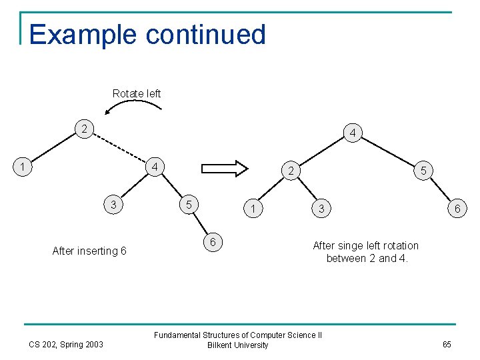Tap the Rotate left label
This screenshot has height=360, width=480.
137,93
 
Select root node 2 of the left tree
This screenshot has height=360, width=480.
83,129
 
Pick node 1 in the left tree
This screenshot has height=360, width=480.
23,166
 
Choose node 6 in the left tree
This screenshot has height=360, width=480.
213,242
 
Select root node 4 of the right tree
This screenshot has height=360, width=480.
352,134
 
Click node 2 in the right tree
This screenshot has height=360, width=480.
291,171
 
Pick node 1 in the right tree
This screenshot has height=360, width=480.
253,209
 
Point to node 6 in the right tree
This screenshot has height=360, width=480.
457,209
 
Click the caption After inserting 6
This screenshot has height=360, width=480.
89,251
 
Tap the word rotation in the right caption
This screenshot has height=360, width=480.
397,245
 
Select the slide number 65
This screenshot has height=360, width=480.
446,345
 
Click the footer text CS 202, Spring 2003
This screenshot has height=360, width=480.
66,345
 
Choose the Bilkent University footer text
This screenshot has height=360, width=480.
238,345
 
